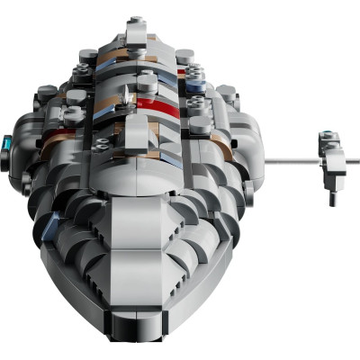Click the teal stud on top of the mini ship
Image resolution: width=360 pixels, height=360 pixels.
326,136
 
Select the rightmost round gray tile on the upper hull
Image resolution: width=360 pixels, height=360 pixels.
224,92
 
